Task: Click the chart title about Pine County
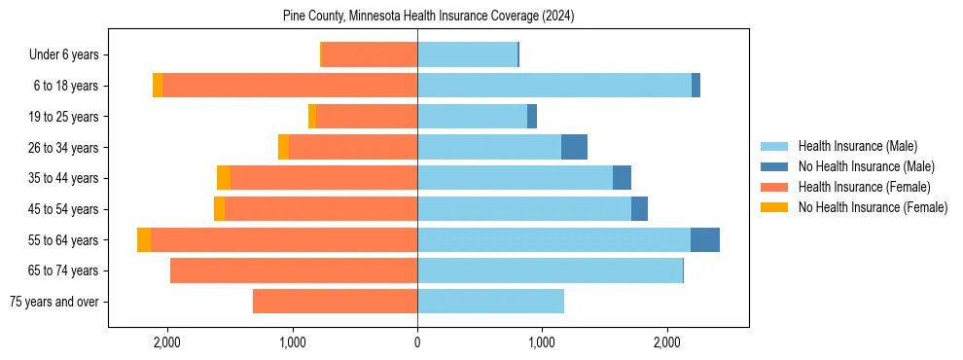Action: point(429,17)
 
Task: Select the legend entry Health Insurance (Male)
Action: point(857,146)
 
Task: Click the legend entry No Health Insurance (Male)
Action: point(866,166)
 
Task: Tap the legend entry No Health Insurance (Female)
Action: point(873,207)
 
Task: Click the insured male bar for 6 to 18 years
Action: point(554,86)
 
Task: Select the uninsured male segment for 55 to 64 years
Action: point(705,240)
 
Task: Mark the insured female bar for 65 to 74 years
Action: point(294,270)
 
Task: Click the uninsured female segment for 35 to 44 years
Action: point(224,178)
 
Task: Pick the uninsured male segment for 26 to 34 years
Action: point(575,147)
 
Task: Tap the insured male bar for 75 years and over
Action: point(490,302)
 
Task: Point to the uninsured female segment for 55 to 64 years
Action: point(144,240)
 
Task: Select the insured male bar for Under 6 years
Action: point(467,55)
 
